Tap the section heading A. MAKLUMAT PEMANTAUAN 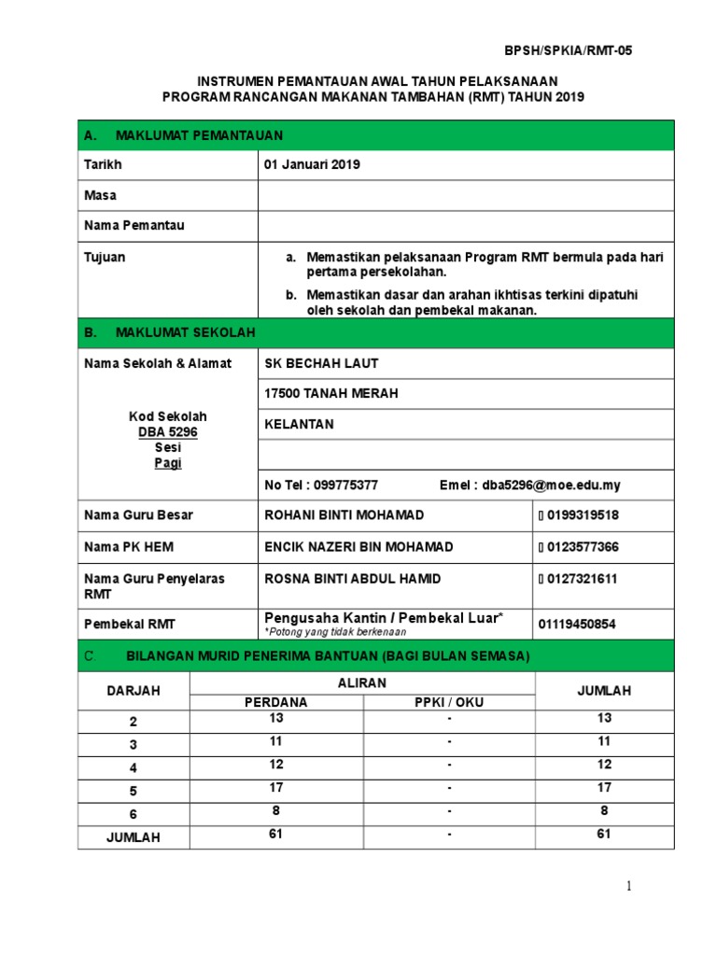(x=183, y=135)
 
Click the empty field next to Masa (x=465, y=195)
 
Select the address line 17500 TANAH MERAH (x=331, y=393)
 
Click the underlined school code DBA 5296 (x=168, y=432)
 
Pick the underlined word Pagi (x=168, y=463)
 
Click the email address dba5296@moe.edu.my (x=551, y=485)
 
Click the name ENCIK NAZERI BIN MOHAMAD (x=359, y=547)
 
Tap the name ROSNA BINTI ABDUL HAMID (x=353, y=579)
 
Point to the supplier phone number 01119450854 (x=577, y=624)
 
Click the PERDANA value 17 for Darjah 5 (x=276, y=788)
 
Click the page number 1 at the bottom (x=631, y=886)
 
